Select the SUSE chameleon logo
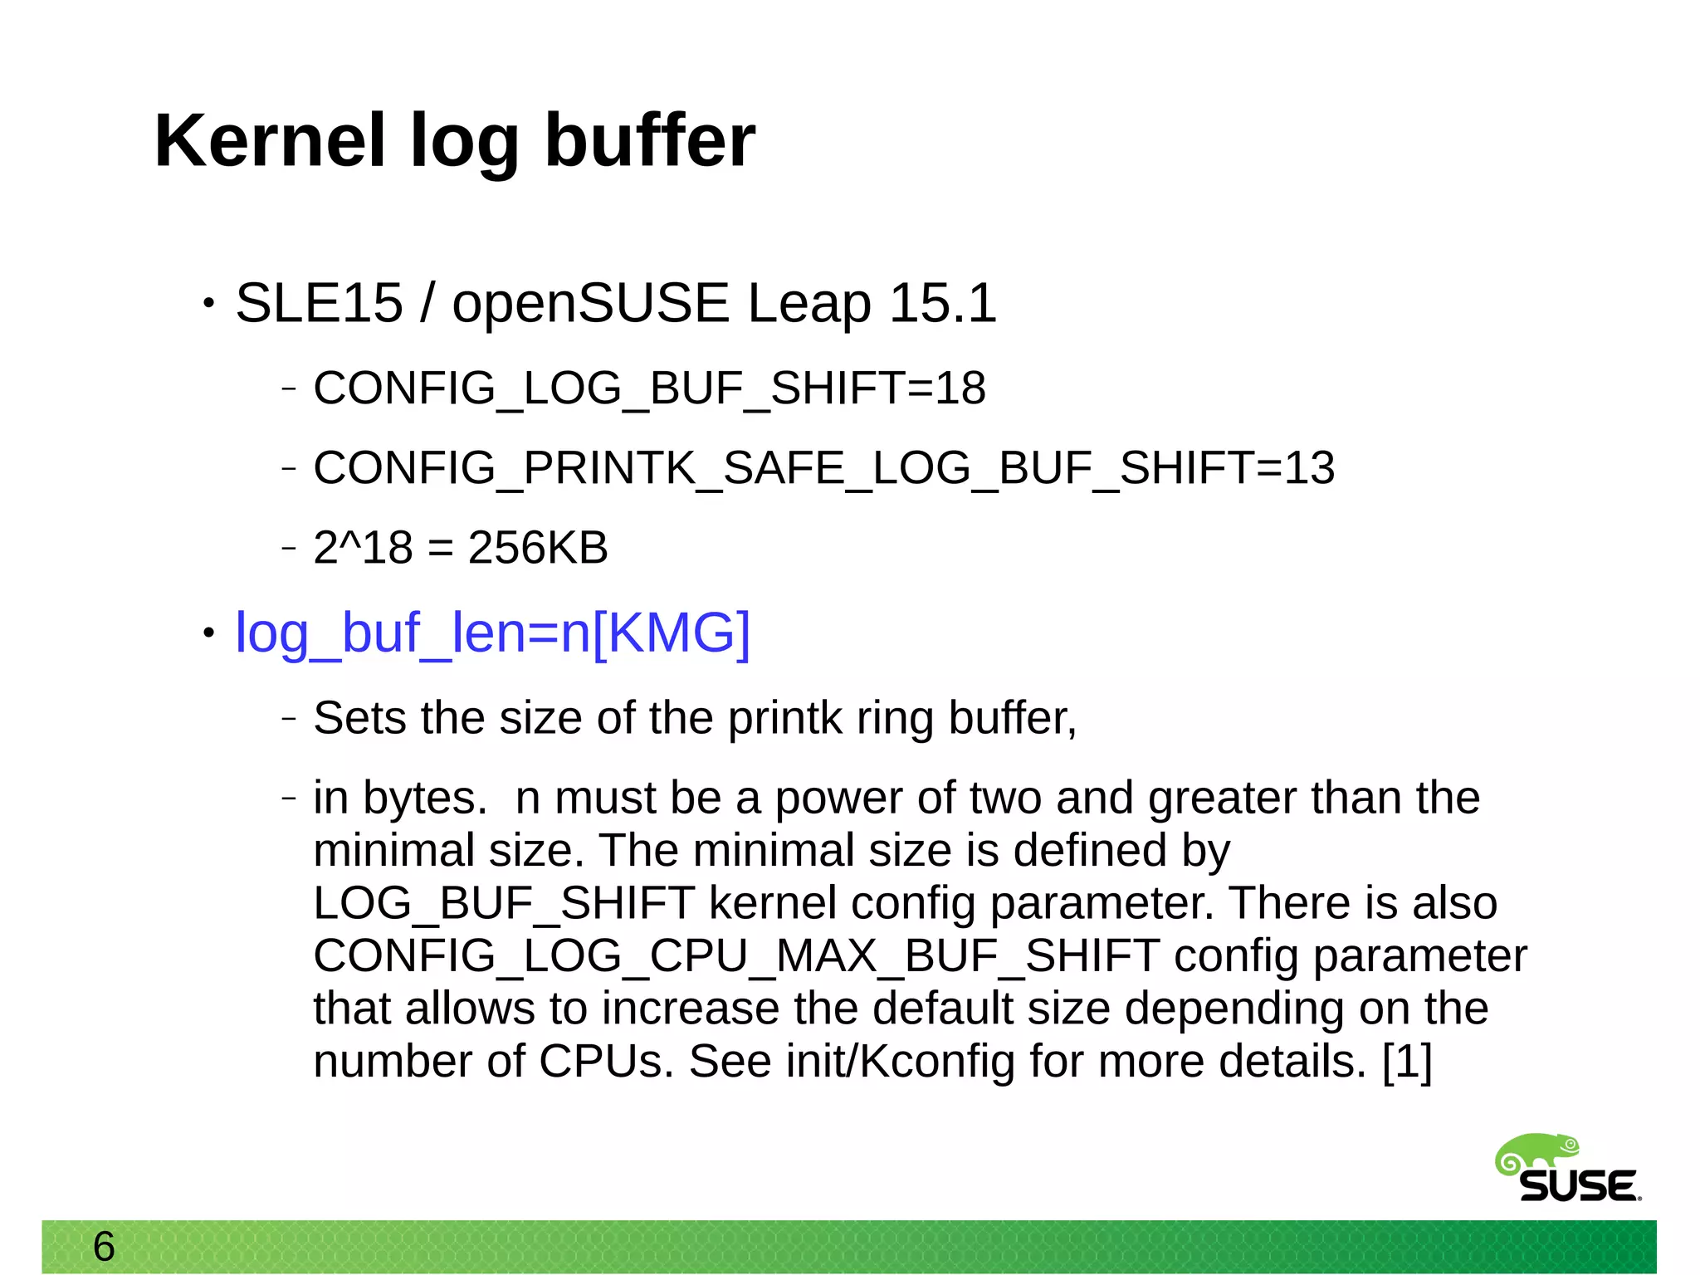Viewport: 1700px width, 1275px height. tap(1566, 1169)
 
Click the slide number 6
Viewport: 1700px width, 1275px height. tap(104, 1246)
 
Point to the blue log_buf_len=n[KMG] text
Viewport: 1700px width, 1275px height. tap(492, 633)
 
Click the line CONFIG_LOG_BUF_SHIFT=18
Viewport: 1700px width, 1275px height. tap(649, 388)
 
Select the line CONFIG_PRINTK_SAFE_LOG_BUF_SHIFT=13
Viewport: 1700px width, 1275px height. tap(823, 468)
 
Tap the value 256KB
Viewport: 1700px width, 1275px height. tap(538, 548)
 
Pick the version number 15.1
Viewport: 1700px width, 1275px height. tap(942, 303)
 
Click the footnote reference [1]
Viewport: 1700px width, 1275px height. tap(1407, 1062)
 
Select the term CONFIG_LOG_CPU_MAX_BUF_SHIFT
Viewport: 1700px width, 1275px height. tap(735, 956)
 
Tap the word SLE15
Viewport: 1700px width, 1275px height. tap(319, 303)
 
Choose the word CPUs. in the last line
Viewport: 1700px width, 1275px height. tap(606, 1062)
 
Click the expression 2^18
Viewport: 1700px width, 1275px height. tap(363, 548)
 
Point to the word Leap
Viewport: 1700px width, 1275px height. tap(808, 305)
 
